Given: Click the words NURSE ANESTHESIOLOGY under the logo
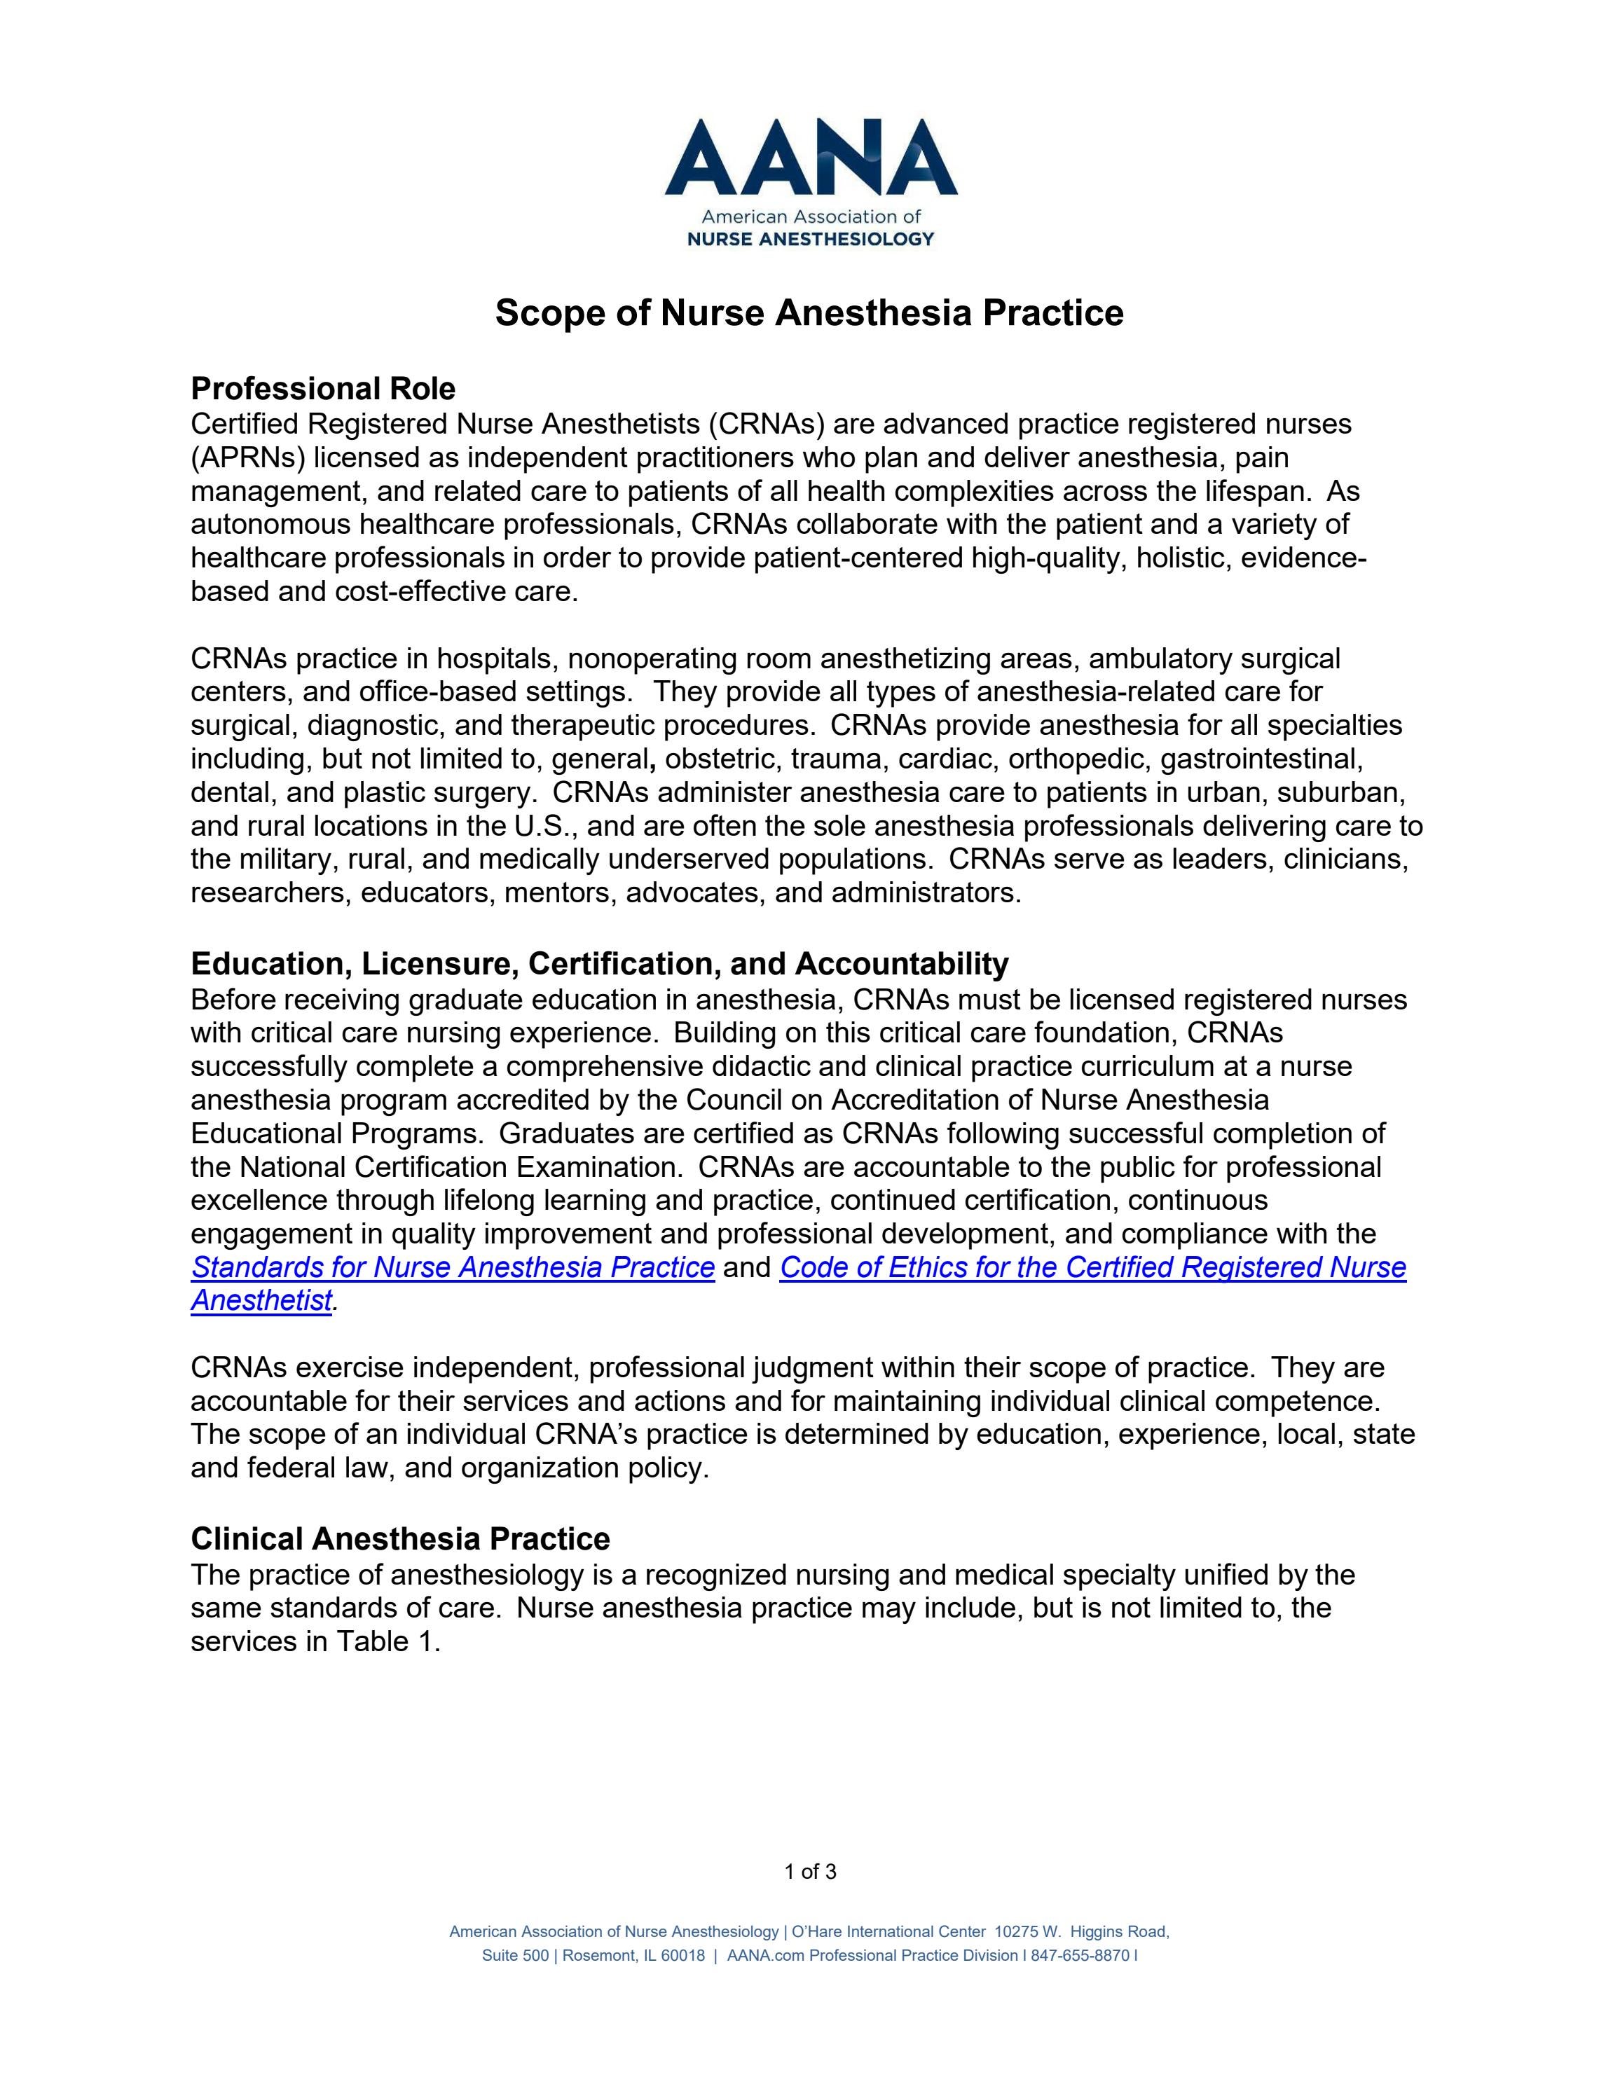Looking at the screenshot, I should click(811, 239).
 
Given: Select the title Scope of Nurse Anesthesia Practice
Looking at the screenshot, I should click(809, 313).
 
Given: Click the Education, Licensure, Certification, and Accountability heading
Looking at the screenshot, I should click(600, 963).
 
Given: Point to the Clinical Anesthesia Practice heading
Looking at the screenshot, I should click(400, 1538).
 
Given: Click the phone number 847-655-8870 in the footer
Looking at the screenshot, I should click(1080, 1956).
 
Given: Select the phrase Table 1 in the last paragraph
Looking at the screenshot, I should click(385, 1642).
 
